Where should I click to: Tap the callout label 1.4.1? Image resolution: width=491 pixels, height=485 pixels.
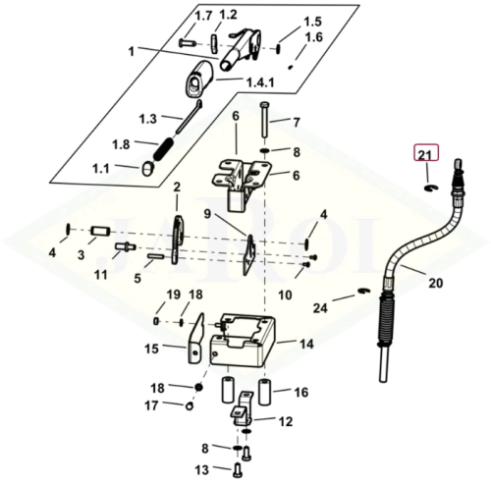[260, 82]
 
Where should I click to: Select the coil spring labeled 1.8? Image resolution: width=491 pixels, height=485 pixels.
[164, 149]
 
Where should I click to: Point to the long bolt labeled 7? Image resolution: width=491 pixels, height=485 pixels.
[265, 121]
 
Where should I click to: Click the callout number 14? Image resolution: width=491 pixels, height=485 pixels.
[306, 344]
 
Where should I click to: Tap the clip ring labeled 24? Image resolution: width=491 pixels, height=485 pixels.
[363, 291]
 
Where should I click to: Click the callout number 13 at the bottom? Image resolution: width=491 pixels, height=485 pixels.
[201, 470]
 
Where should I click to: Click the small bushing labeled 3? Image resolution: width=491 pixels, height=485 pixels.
[101, 231]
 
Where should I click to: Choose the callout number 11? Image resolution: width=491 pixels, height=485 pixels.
[101, 275]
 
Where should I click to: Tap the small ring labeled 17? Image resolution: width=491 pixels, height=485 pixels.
[190, 406]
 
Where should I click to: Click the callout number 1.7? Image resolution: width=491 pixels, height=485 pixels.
[203, 16]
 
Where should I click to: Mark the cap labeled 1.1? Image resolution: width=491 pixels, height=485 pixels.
[148, 169]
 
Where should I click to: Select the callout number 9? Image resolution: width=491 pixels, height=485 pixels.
[207, 214]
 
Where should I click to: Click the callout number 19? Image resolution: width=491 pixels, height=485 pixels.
[173, 295]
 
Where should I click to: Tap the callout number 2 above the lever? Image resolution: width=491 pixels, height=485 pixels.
[177, 188]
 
